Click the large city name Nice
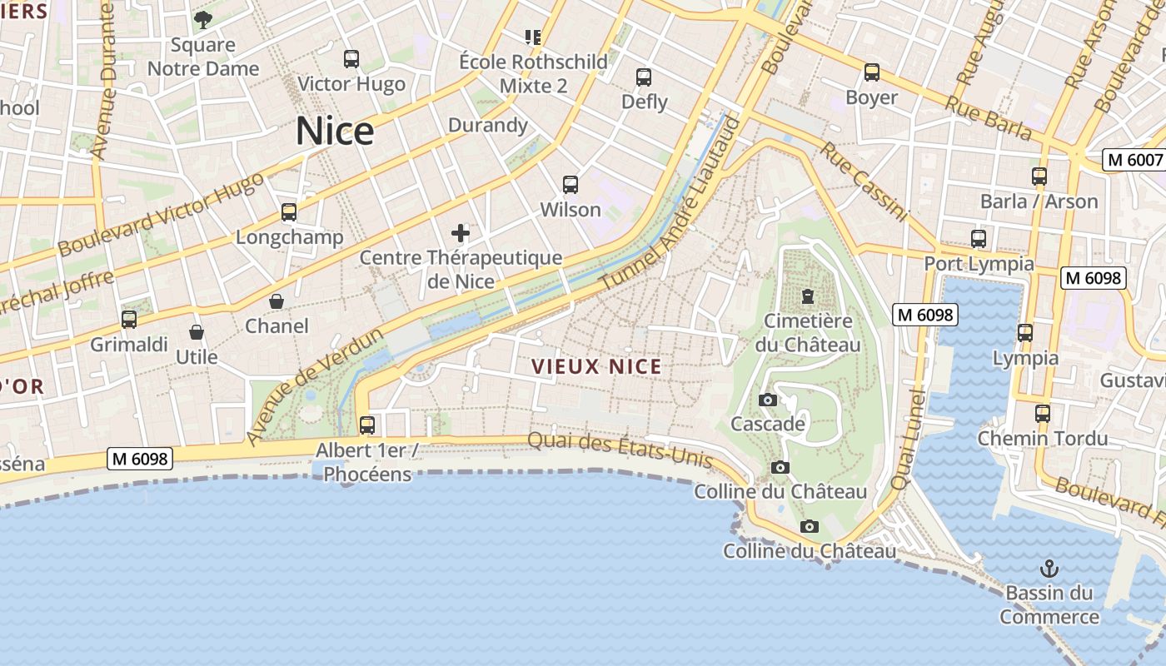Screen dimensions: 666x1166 coord(335,132)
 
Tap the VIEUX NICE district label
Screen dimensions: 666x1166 coord(596,366)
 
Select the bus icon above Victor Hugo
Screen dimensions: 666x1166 coord(351,59)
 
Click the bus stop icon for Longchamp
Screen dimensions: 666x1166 coord(289,212)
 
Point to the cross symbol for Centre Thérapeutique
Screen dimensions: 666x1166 coord(461,233)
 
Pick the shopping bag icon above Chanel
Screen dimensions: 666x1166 coord(277,301)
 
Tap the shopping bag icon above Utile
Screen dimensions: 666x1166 coord(197,333)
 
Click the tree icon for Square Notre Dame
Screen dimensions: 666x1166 coord(203,20)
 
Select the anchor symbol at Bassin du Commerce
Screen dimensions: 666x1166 coord(1049,569)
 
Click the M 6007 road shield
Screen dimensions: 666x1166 coord(1134,160)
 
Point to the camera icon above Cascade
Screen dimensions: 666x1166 coord(768,400)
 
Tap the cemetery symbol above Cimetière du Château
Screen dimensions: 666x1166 coord(807,296)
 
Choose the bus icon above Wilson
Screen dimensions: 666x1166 coord(571,185)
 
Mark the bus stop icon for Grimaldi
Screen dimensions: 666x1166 coord(129,320)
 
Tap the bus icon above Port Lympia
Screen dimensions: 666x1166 coord(979,239)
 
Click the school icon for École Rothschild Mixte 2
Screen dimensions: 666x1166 coord(533,37)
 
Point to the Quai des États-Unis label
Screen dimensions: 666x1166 coord(620,450)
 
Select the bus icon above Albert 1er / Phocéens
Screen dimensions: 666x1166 coord(367,425)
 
